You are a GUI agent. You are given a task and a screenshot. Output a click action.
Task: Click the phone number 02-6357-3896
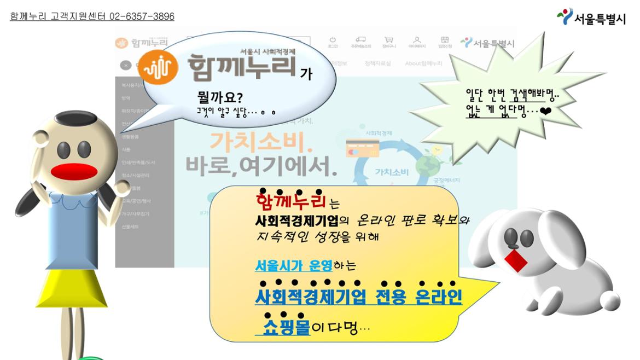tap(142, 16)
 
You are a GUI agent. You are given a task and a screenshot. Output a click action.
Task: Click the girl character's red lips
tap(74, 171)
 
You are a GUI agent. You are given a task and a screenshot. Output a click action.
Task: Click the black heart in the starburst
tap(546, 111)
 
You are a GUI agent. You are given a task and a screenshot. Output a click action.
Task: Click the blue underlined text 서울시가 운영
tap(286, 266)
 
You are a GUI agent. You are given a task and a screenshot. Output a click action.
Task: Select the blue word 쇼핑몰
tap(286, 328)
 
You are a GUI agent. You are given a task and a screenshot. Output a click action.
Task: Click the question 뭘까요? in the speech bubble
tap(220, 98)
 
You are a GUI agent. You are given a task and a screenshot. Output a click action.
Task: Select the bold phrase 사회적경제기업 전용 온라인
tap(358, 297)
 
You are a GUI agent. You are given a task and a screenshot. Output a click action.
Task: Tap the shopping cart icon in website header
tap(389, 41)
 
